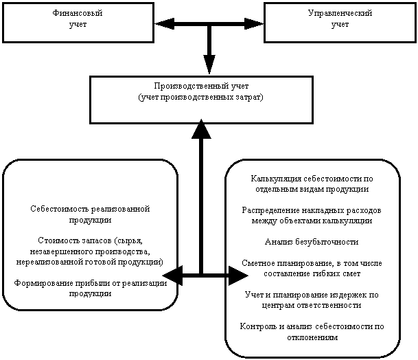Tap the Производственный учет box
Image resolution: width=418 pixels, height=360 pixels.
(x=201, y=100)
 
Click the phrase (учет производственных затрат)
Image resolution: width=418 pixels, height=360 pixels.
(x=201, y=97)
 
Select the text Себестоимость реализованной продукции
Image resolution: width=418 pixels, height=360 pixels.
(x=90, y=214)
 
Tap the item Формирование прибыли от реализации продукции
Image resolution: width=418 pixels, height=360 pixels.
(x=90, y=288)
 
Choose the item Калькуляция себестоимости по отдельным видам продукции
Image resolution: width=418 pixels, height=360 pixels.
(x=312, y=183)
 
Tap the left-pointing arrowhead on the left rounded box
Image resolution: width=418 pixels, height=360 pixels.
(x=170, y=275)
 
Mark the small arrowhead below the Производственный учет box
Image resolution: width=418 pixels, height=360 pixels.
(x=201, y=122)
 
